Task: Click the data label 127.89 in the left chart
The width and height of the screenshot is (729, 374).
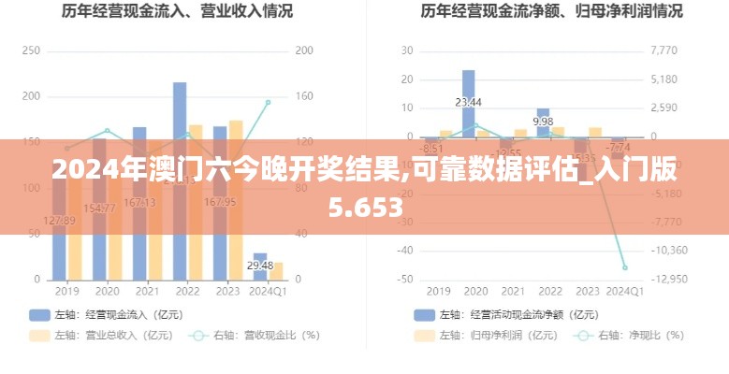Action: coord(59,221)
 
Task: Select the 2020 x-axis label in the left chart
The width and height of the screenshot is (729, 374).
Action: coord(107,291)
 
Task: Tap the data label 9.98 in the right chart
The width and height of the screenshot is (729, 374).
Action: coord(543,122)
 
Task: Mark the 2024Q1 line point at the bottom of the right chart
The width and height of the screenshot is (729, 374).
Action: coord(624,267)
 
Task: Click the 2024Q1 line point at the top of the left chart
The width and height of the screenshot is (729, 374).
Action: coord(268,102)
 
